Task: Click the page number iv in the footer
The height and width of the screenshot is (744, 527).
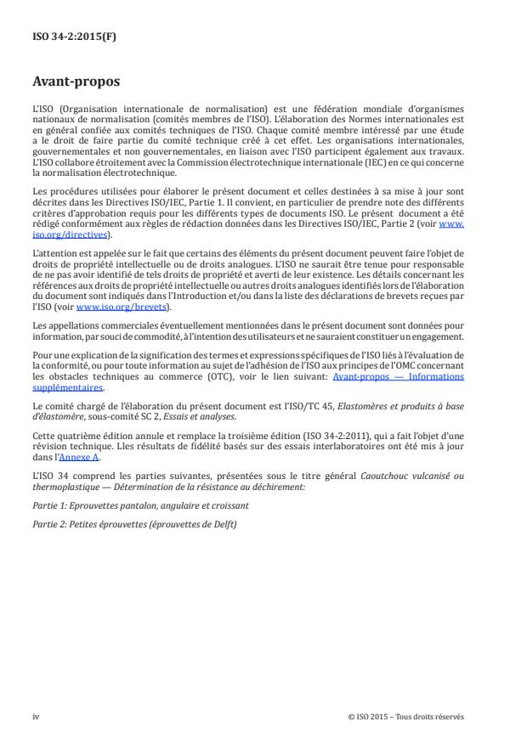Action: [x=36, y=716]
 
